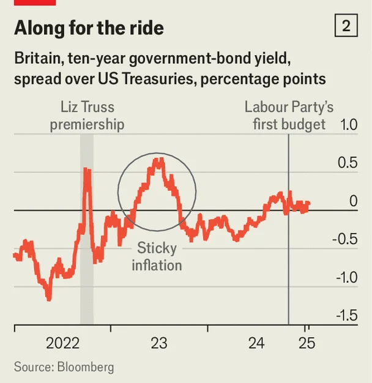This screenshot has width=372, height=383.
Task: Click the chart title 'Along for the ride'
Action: pyautogui.click(x=89, y=28)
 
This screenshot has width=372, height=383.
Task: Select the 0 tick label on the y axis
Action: pyautogui.click(x=352, y=201)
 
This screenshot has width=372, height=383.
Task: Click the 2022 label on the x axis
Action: pyautogui.click(x=62, y=343)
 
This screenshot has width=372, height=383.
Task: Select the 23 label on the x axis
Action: pyautogui.click(x=159, y=343)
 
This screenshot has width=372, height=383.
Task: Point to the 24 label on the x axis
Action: pyautogui.click(x=256, y=343)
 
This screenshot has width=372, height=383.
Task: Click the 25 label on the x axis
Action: pyautogui.click(x=307, y=343)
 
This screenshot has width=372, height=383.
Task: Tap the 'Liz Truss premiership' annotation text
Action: pyautogui.click(x=87, y=116)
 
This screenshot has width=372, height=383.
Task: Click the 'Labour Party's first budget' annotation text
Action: pyautogui.click(x=289, y=116)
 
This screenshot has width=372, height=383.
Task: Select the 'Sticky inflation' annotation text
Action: pyautogui.click(x=157, y=257)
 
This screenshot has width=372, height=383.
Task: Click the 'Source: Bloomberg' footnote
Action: pyautogui.click(x=64, y=367)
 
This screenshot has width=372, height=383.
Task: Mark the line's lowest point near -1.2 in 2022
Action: pyautogui.click(x=49, y=298)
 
